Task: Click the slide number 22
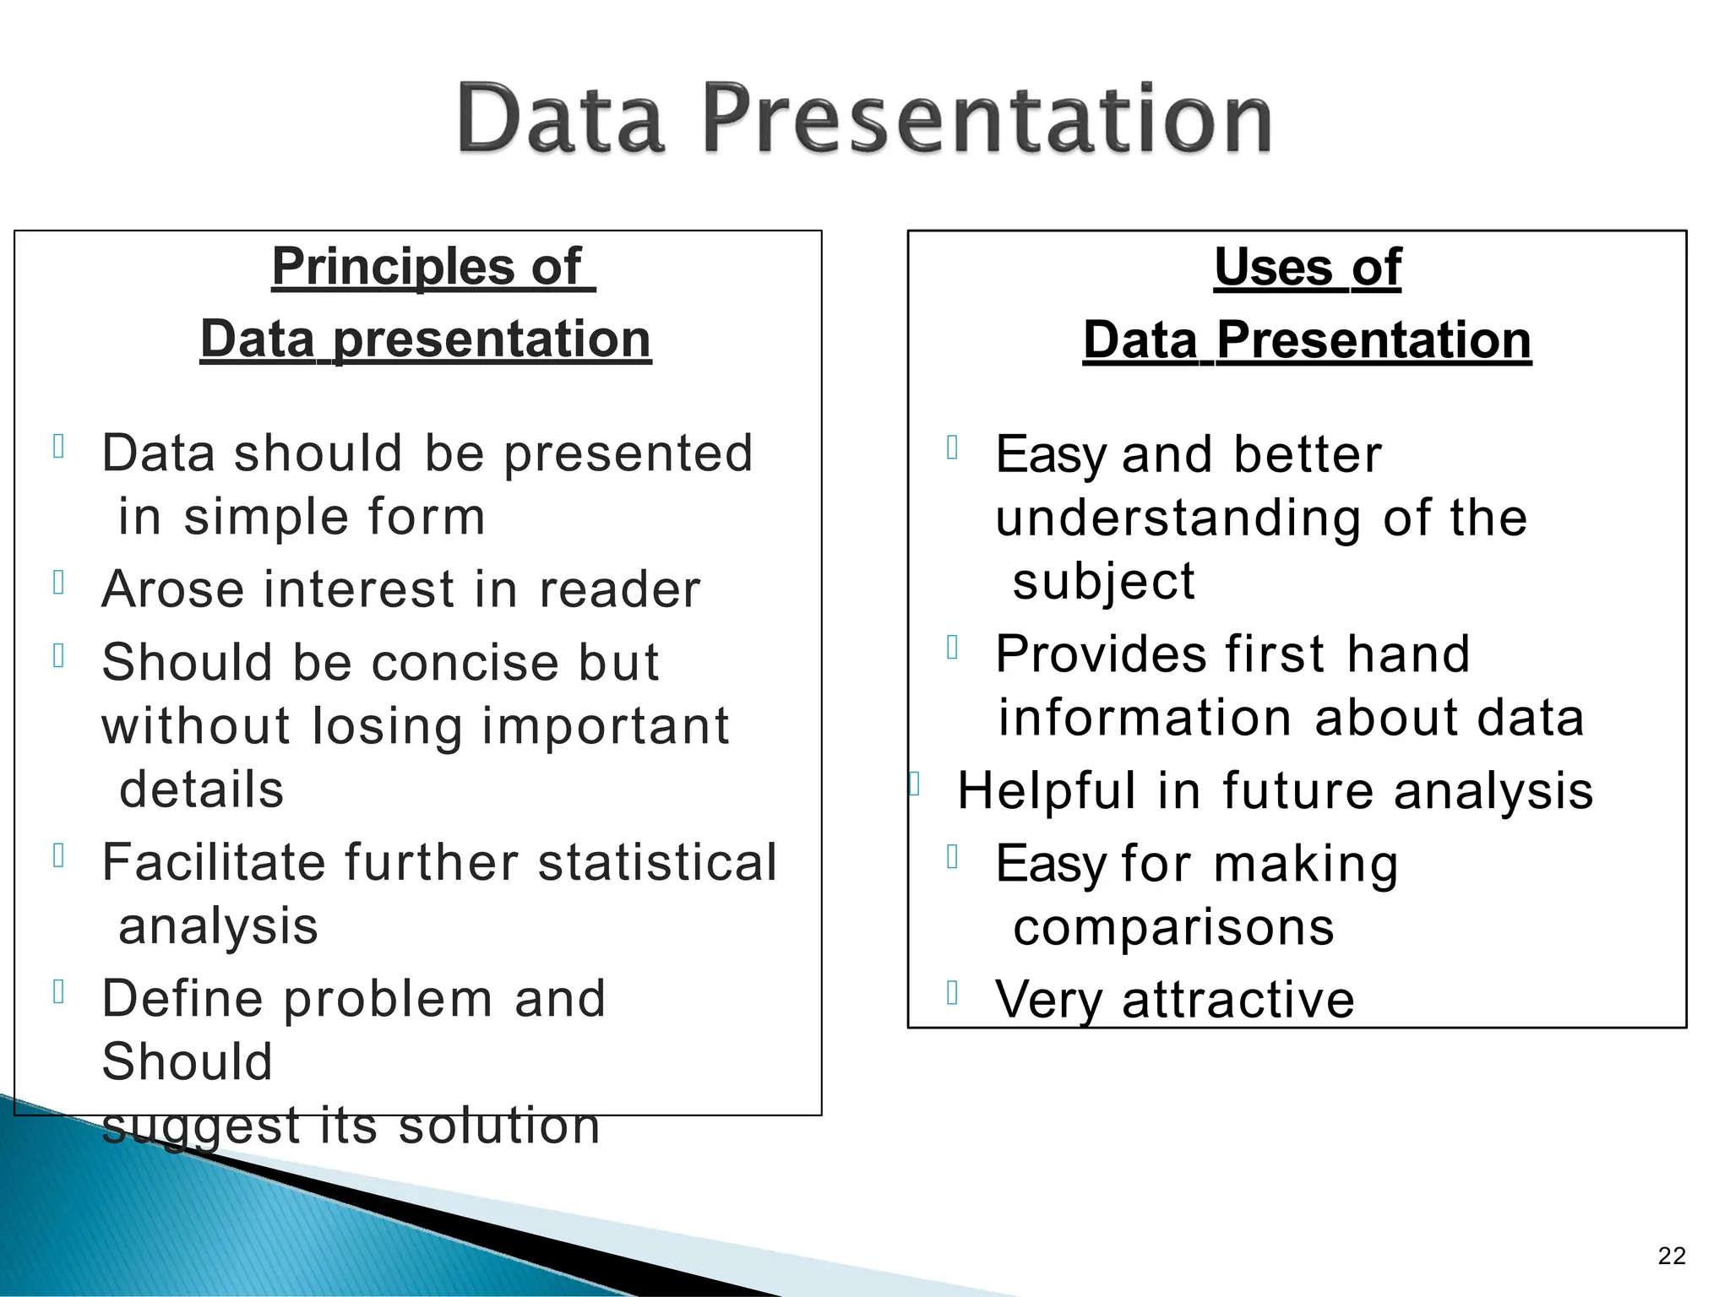[x=1671, y=1256]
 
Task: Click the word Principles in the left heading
[x=392, y=267]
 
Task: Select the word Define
[x=182, y=998]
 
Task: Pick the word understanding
[x=1178, y=518]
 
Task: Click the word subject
[x=1103, y=582]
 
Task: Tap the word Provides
[x=1101, y=654]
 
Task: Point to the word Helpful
[x=1046, y=791]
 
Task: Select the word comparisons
[x=1173, y=927]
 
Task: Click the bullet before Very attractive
[x=952, y=992]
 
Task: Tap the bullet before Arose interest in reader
[x=58, y=582]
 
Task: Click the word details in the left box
[x=201, y=790]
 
